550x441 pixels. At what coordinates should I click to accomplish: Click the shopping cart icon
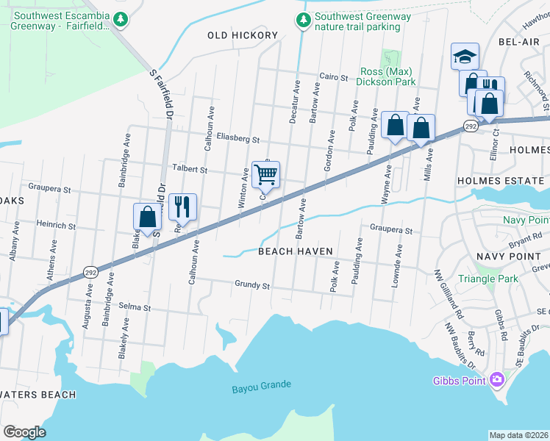click(265, 175)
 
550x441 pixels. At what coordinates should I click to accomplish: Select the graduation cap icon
click(465, 56)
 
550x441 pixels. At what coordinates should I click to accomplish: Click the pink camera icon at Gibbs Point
click(497, 379)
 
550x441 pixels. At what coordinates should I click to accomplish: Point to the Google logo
click(24, 432)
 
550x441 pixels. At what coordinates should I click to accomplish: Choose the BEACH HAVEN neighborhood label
click(296, 251)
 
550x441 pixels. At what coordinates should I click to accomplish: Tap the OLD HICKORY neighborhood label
click(243, 35)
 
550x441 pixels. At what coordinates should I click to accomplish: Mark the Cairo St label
click(333, 76)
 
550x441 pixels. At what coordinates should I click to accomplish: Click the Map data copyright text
click(518, 435)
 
